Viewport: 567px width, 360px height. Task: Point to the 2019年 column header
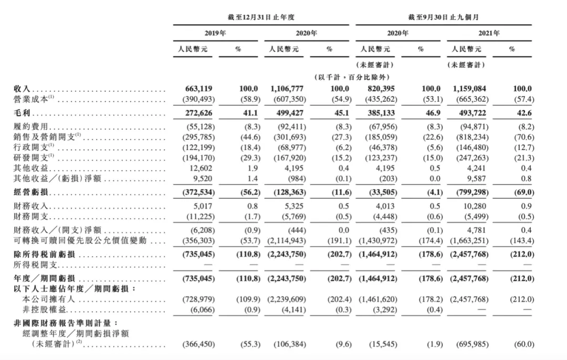[215, 33]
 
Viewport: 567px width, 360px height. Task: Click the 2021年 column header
[489, 33]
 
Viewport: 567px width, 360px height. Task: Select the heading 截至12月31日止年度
[260, 17]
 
